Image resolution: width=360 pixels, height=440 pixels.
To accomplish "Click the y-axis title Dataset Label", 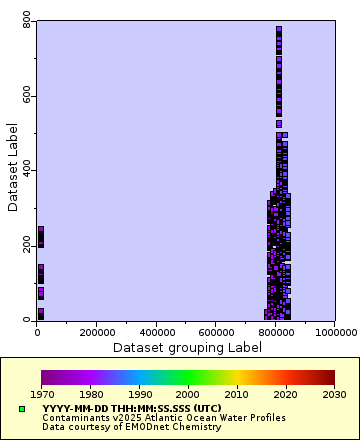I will coord(12,167).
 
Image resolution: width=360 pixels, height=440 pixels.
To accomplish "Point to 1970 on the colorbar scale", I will coord(41,394).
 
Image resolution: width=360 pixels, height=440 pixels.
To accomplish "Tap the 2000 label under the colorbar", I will coord(188,394).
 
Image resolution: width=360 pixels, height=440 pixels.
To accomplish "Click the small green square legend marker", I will coord(21,409).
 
